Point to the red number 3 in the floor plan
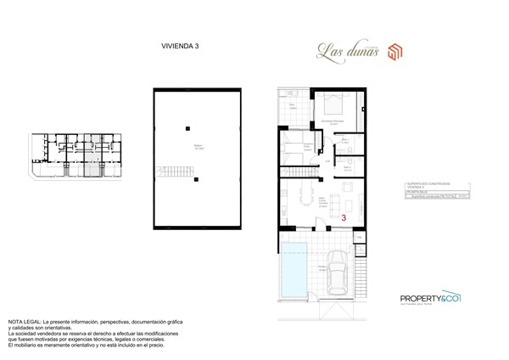pos(344,217)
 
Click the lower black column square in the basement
pos(195,179)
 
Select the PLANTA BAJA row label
pos(417,193)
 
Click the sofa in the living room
pos(344,202)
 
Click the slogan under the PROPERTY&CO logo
pos(428,307)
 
